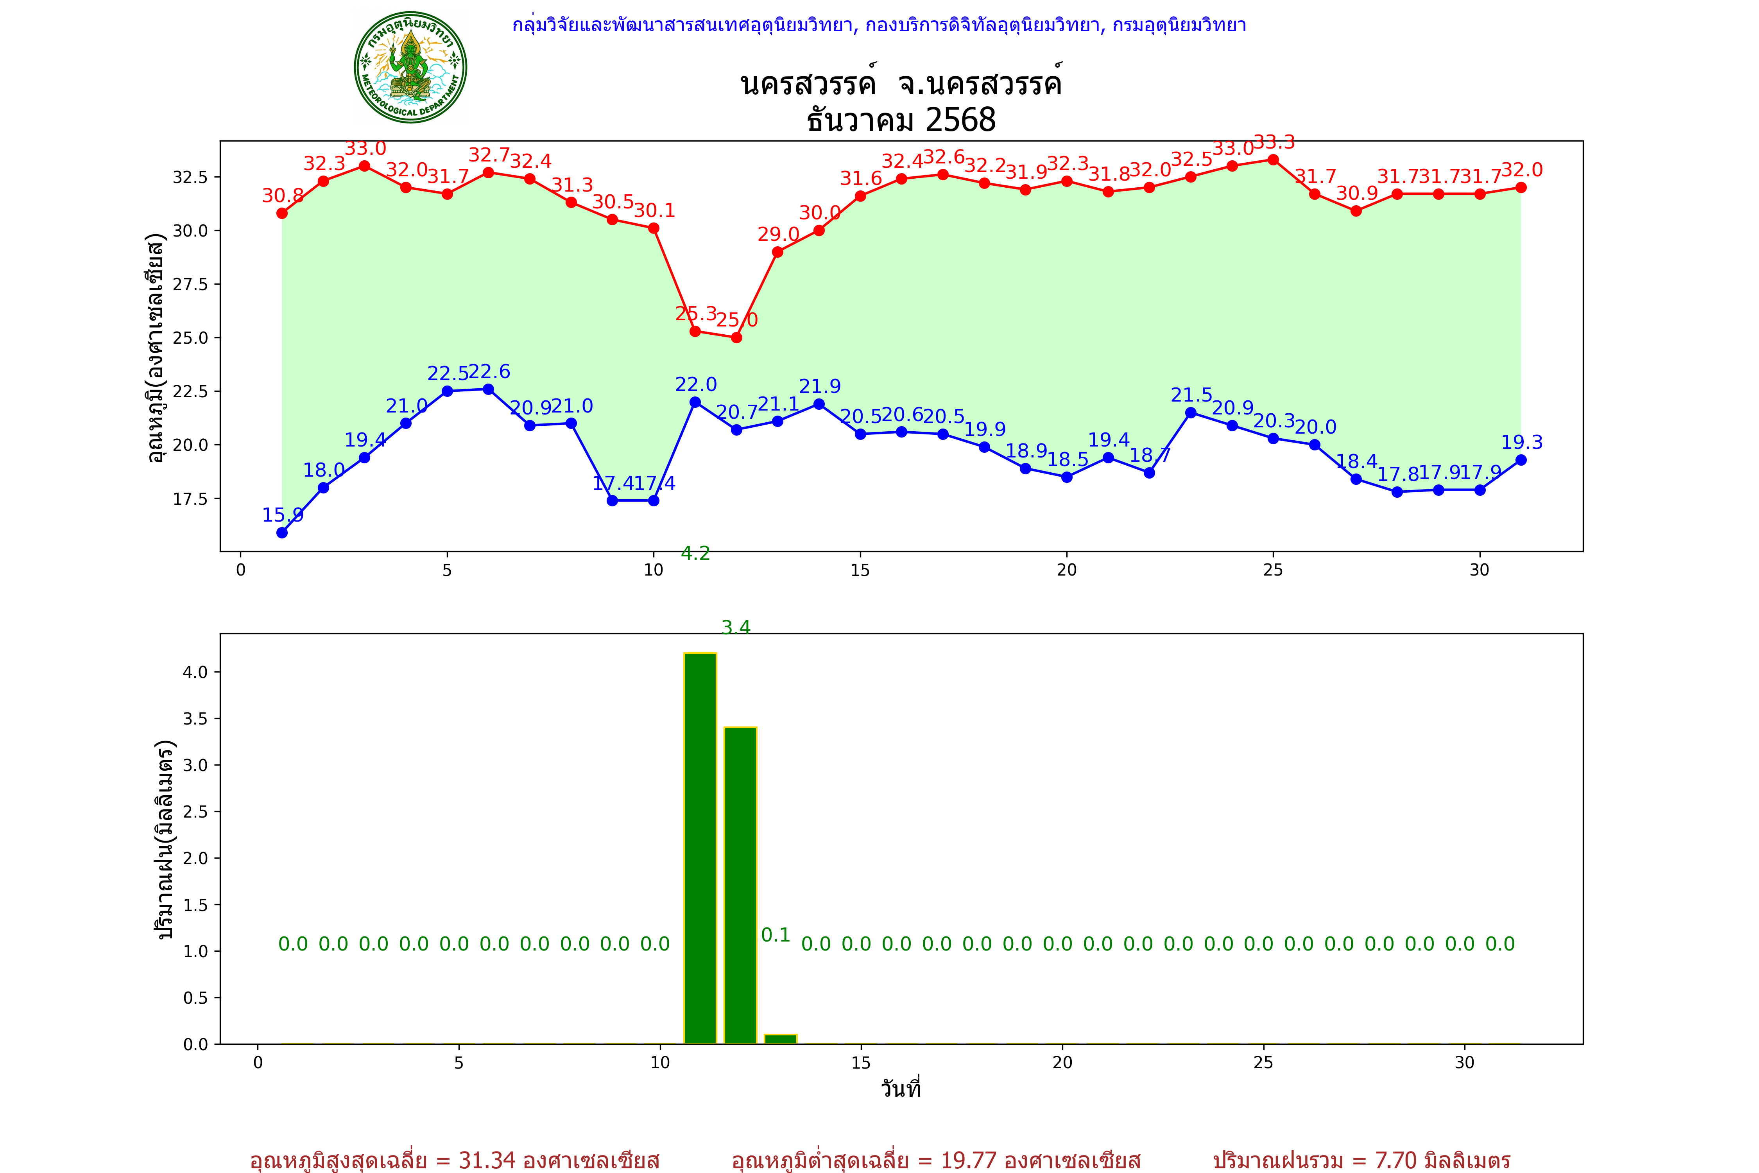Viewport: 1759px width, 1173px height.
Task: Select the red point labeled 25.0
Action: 737,337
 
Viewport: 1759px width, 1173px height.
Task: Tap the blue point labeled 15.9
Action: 282,533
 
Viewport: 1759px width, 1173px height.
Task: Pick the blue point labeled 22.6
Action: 488,389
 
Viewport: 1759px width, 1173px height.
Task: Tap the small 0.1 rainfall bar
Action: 781,1039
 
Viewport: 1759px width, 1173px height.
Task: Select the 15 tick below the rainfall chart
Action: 861,1062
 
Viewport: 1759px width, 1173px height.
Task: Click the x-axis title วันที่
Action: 901,1089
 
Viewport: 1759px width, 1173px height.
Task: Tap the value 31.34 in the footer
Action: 487,1160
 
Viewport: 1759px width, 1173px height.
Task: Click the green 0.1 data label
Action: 776,935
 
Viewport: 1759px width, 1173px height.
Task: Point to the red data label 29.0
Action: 779,234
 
